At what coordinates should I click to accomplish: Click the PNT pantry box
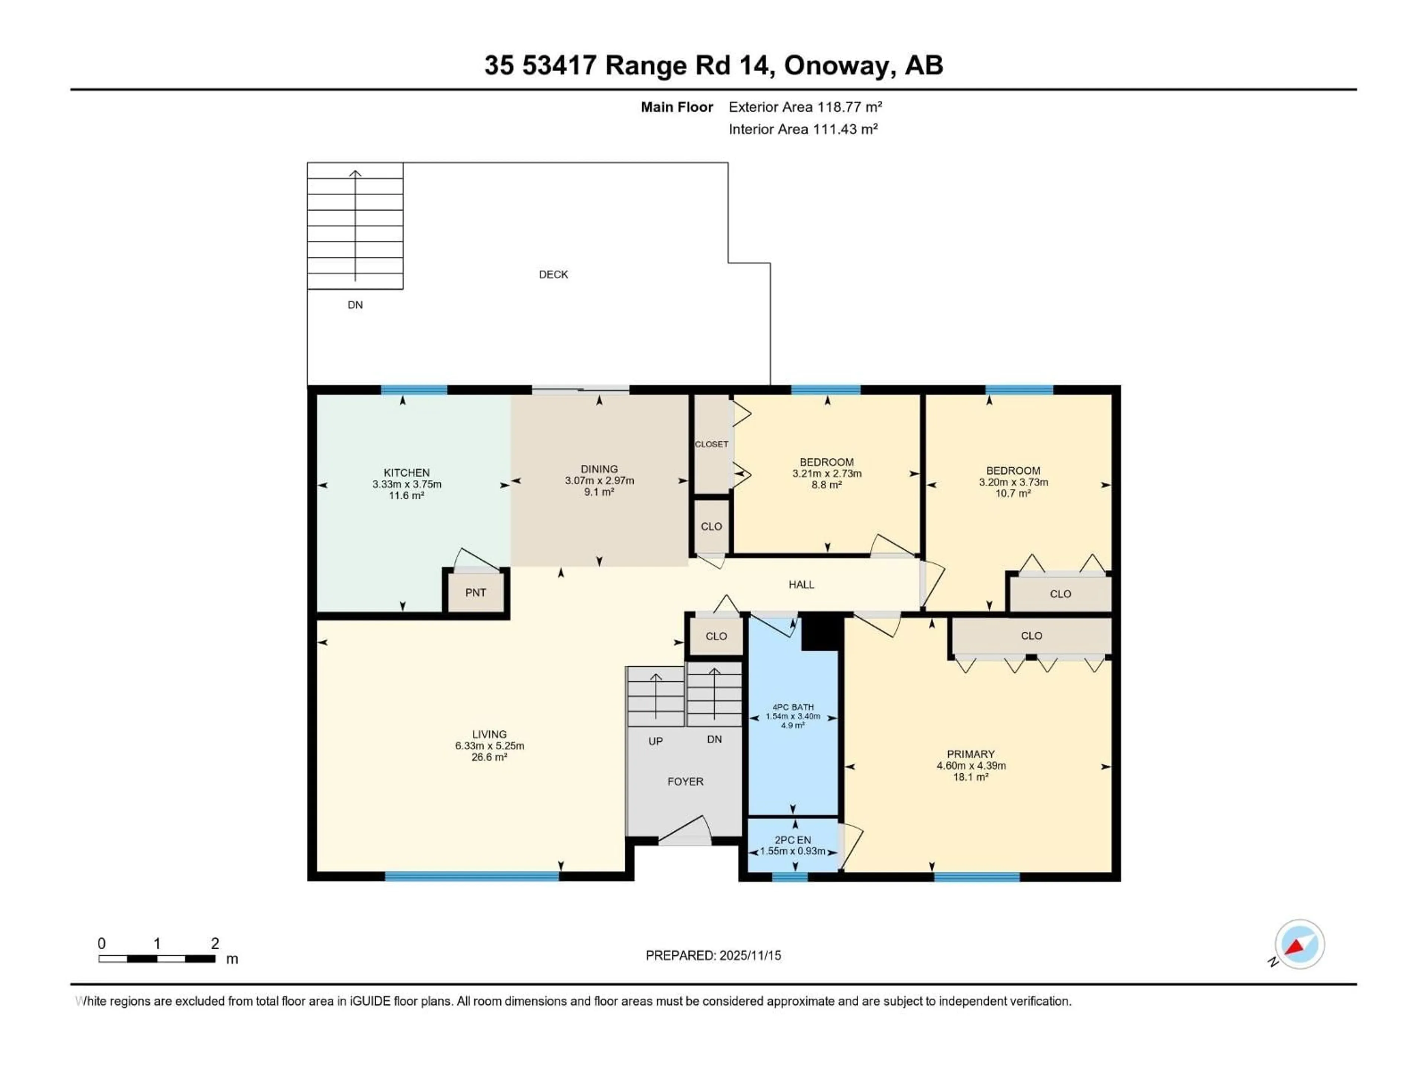(x=475, y=592)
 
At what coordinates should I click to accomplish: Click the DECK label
(x=553, y=274)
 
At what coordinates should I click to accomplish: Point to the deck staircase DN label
(x=355, y=305)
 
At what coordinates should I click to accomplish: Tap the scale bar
(x=157, y=959)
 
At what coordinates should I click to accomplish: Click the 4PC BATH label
(x=793, y=707)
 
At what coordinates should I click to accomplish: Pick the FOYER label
(x=685, y=781)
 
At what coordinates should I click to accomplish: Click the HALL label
(x=801, y=584)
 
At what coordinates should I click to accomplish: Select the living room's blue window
(x=472, y=876)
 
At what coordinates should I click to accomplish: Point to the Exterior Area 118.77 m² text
(x=805, y=107)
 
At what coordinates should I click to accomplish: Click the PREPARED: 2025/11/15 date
(x=713, y=955)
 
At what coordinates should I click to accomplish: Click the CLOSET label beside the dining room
(x=711, y=444)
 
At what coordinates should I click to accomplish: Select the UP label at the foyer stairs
(x=655, y=741)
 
